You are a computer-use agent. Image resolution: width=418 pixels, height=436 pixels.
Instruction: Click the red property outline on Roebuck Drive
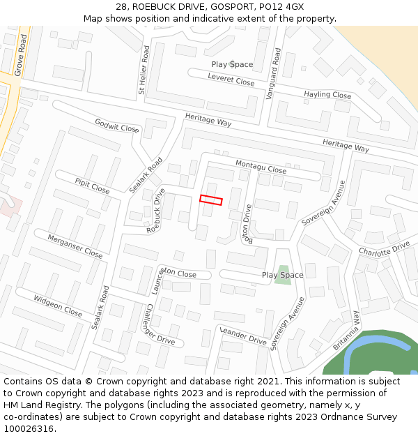click(210, 200)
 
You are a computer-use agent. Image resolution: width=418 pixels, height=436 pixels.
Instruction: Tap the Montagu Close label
click(261, 167)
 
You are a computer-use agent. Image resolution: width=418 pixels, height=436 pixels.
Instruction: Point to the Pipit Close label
click(92, 186)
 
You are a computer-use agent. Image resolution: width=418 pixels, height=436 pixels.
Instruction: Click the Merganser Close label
click(75, 246)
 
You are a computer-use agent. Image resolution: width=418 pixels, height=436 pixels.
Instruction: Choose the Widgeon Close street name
click(58, 306)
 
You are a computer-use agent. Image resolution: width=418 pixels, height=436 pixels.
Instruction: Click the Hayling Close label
click(327, 94)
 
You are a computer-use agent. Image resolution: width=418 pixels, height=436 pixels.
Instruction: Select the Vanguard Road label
click(277, 73)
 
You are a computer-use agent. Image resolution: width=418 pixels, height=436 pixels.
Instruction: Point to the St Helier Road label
click(144, 70)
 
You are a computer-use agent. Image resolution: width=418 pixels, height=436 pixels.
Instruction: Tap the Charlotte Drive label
click(384, 249)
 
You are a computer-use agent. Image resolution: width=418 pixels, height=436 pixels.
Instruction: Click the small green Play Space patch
click(283, 274)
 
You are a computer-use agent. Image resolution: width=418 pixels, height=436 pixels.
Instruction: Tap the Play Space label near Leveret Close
click(232, 64)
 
